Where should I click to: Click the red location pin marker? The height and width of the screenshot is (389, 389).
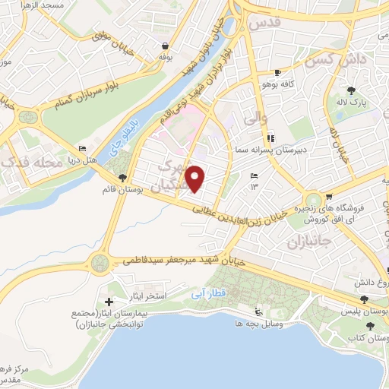(196, 179)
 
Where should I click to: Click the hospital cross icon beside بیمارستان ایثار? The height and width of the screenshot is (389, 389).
(109, 302)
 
